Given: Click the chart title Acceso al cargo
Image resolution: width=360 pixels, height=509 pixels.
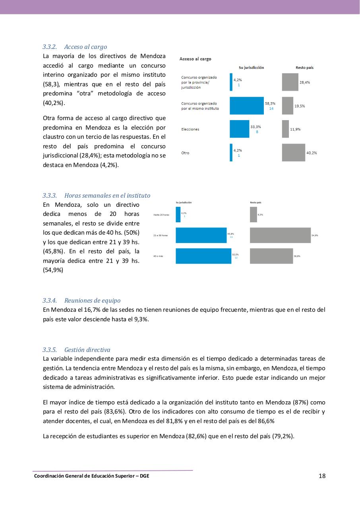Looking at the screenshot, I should pyautogui.click(x=195, y=59).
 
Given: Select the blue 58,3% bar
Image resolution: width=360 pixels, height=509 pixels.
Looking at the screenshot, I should pyautogui.click(x=246, y=106).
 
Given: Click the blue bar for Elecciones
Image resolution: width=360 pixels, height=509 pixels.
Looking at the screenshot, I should pyautogui.click(x=239, y=129).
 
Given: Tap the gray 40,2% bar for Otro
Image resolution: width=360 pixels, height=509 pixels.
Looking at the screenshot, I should pyautogui.click(x=293, y=153).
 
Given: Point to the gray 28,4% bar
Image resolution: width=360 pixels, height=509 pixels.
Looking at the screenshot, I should pyautogui.click(x=290, y=82).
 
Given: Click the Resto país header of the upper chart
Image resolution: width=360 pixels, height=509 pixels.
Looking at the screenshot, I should pyautogui.click(x=304, y=68).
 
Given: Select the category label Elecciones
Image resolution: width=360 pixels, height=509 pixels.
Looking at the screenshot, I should pyautogui.click(x=190, y=129).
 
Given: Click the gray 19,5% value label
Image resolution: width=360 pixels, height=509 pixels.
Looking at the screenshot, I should pyautogui.click(x=300, y=106).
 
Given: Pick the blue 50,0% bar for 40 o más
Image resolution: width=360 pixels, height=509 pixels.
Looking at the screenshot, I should pyautogui.click(x=203, y=256).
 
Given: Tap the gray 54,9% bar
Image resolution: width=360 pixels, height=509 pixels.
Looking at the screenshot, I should pyautogui.click(x=280, y=235).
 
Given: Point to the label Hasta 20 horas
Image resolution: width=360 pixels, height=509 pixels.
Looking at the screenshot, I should pyautogui.click(x=161, y=215).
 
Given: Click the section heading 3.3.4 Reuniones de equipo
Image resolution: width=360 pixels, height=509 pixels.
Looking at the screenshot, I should pyautogui.click(x=81, y=301).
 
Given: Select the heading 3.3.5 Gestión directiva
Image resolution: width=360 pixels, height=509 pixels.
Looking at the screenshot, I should pyautogui.click(x=76, y=350).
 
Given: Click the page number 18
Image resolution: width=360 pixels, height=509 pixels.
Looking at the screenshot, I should pyautogui.click(x=322, y=476).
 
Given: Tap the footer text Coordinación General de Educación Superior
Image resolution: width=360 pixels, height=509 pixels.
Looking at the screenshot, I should pyautogui.click(x=91, y=476).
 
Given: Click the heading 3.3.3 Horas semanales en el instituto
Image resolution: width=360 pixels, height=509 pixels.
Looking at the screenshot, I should pyautogui.click(x=97, y=196).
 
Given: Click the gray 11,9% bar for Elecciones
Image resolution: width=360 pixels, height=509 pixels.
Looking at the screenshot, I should pyautogui.click(x=285, y=129).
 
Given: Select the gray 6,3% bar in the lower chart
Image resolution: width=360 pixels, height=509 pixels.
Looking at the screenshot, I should pyautogui.click(x=253, y=215).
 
